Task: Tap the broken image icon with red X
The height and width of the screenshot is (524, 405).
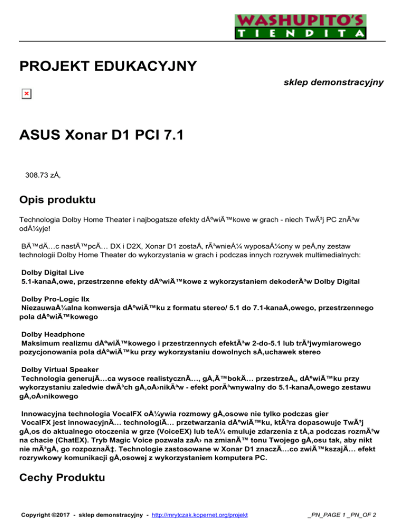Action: click(26, 94)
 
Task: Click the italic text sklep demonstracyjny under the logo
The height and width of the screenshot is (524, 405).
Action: click(333, 82)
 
